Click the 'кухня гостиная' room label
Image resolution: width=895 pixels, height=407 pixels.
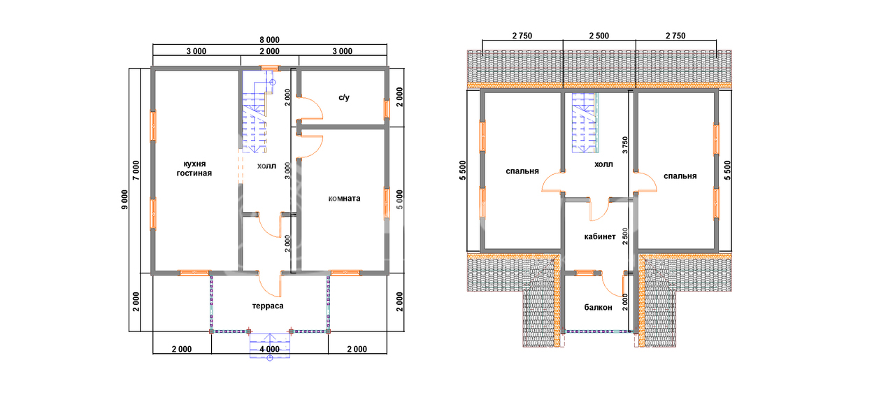[194, 169]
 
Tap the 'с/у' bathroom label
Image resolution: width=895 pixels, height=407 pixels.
[343, 97]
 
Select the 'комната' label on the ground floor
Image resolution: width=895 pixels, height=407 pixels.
[344, 199]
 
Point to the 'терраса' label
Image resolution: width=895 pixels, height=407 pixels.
[268, 306]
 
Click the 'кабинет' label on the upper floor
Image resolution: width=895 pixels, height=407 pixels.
[600, 236]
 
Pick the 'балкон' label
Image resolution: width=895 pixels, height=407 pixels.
[598, 307]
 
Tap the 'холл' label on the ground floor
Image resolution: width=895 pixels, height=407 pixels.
[266, 166]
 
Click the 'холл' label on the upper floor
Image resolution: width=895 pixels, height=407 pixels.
[603, 164]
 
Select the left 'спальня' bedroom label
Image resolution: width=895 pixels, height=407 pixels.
[522, 171]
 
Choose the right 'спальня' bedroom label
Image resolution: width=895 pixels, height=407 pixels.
[680, 176]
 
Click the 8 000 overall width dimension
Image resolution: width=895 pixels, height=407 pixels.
[270, 40]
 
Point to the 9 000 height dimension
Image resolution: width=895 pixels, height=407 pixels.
[125, 199]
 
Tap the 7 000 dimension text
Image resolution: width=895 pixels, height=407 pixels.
[136, 171]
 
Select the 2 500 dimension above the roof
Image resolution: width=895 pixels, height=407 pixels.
[599, 36]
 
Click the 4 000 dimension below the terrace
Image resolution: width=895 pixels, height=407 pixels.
[270, 349]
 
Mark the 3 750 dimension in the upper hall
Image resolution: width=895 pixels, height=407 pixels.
[625, 145]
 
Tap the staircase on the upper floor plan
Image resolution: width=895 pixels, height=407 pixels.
[585, 123]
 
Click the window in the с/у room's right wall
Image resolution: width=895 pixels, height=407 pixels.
[387, 109]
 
